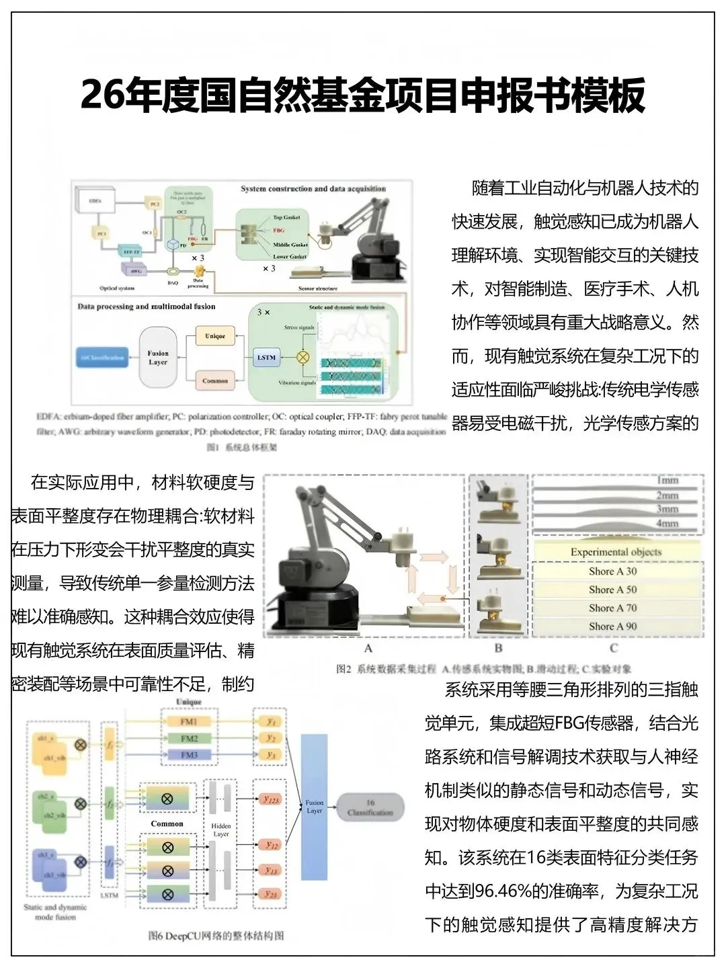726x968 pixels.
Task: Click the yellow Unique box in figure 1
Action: [215, 336]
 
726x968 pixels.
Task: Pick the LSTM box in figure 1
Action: [266, 358]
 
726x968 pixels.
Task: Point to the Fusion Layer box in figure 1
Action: [158, 358]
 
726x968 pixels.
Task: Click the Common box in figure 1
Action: [215, 380]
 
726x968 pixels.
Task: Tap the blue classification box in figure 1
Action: [102, 358]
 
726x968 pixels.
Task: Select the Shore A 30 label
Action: [612, 571]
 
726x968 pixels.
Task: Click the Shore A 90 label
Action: [612, 626]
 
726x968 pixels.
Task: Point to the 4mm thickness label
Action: [667, 523]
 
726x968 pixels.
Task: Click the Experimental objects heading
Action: [616, 552]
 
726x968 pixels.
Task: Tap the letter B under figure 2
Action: [498, 649]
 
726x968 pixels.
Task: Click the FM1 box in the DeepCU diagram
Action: [189, 721]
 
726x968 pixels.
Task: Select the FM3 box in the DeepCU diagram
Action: [190, 755]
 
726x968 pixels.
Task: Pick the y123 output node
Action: [271, 800]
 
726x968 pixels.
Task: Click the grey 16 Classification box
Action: [370, 807]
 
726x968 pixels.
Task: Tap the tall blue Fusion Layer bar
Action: [314, 807]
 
